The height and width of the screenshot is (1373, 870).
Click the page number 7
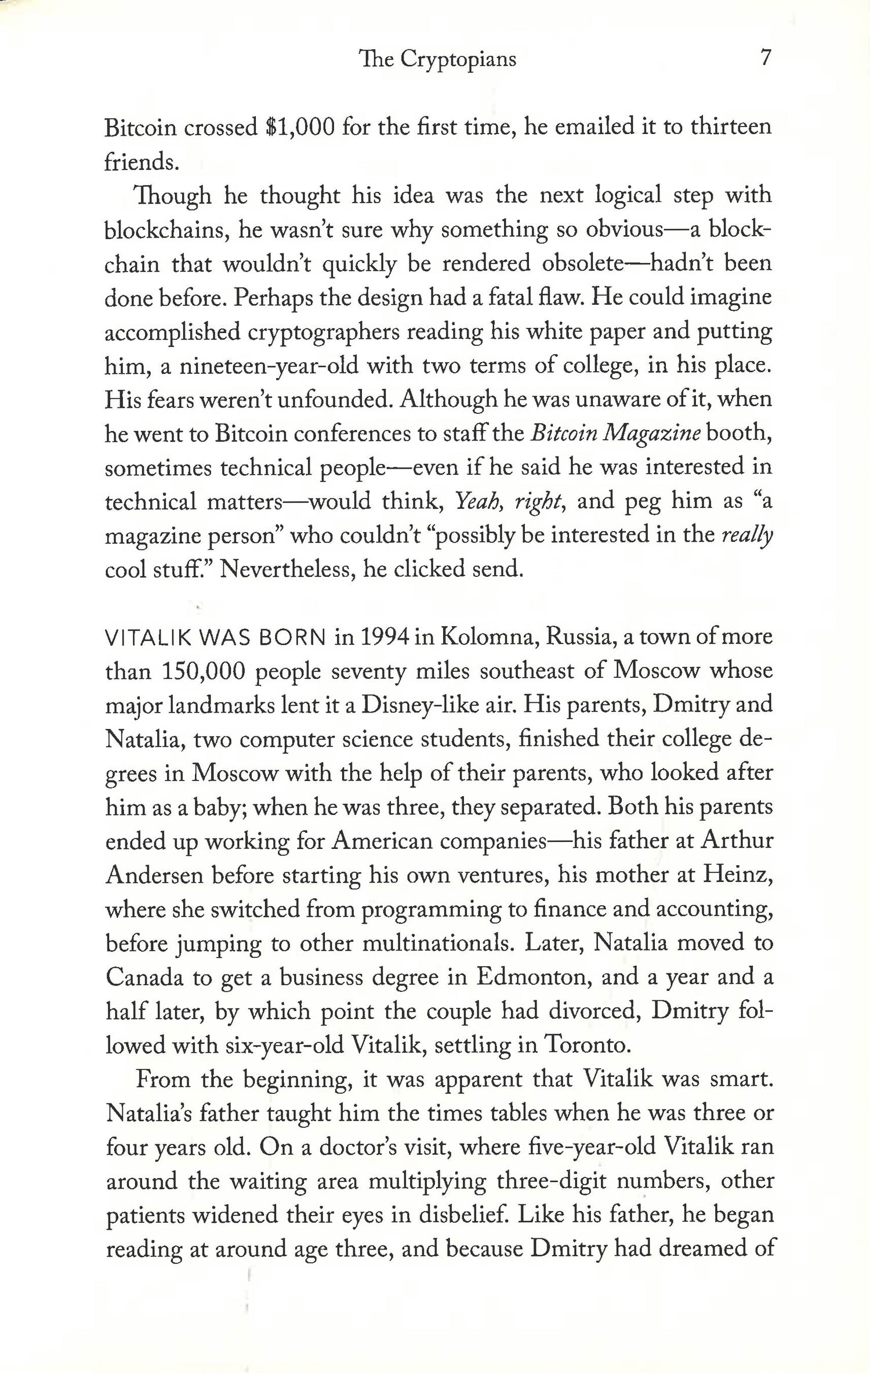[765, 58]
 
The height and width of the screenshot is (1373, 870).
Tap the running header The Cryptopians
[438, 59]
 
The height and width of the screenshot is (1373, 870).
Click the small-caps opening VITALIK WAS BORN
[215, 638]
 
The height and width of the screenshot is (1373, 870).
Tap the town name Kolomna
[488, 637]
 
